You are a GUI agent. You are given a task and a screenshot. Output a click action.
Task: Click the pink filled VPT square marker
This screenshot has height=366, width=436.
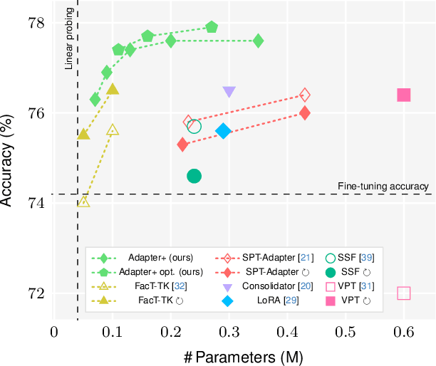coord(403,95)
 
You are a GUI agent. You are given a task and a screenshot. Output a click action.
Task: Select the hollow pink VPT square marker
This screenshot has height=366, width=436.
coord(403,293)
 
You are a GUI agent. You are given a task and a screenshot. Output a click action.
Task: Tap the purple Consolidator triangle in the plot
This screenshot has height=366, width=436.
coord(229,92)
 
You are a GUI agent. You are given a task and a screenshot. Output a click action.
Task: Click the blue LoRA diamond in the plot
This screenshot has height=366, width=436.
coord(224,131)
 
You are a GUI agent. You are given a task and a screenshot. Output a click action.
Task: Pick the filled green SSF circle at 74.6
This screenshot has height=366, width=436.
coord(194,176)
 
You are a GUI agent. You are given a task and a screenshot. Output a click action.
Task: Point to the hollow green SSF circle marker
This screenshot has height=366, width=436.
coord(194,127)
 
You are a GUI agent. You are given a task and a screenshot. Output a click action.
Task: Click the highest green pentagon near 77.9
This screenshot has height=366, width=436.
coord(212,27)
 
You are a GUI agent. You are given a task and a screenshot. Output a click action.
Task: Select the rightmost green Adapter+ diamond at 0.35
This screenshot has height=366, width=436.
coord(258,41)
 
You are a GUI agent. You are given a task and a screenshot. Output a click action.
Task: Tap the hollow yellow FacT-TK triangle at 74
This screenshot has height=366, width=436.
coord(83,202)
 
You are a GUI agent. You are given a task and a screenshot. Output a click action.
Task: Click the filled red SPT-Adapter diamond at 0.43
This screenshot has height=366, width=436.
coord(305,113)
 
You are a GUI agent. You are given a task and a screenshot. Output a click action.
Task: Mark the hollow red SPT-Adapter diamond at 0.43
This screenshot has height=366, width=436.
coord(305,95)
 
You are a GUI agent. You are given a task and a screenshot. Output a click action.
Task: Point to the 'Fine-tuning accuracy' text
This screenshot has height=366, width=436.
coord(383,186)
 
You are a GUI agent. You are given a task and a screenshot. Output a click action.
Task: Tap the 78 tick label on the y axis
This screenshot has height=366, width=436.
coord(36,23)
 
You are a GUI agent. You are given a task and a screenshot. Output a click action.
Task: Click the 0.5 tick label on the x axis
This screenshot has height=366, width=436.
coord(345,332)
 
